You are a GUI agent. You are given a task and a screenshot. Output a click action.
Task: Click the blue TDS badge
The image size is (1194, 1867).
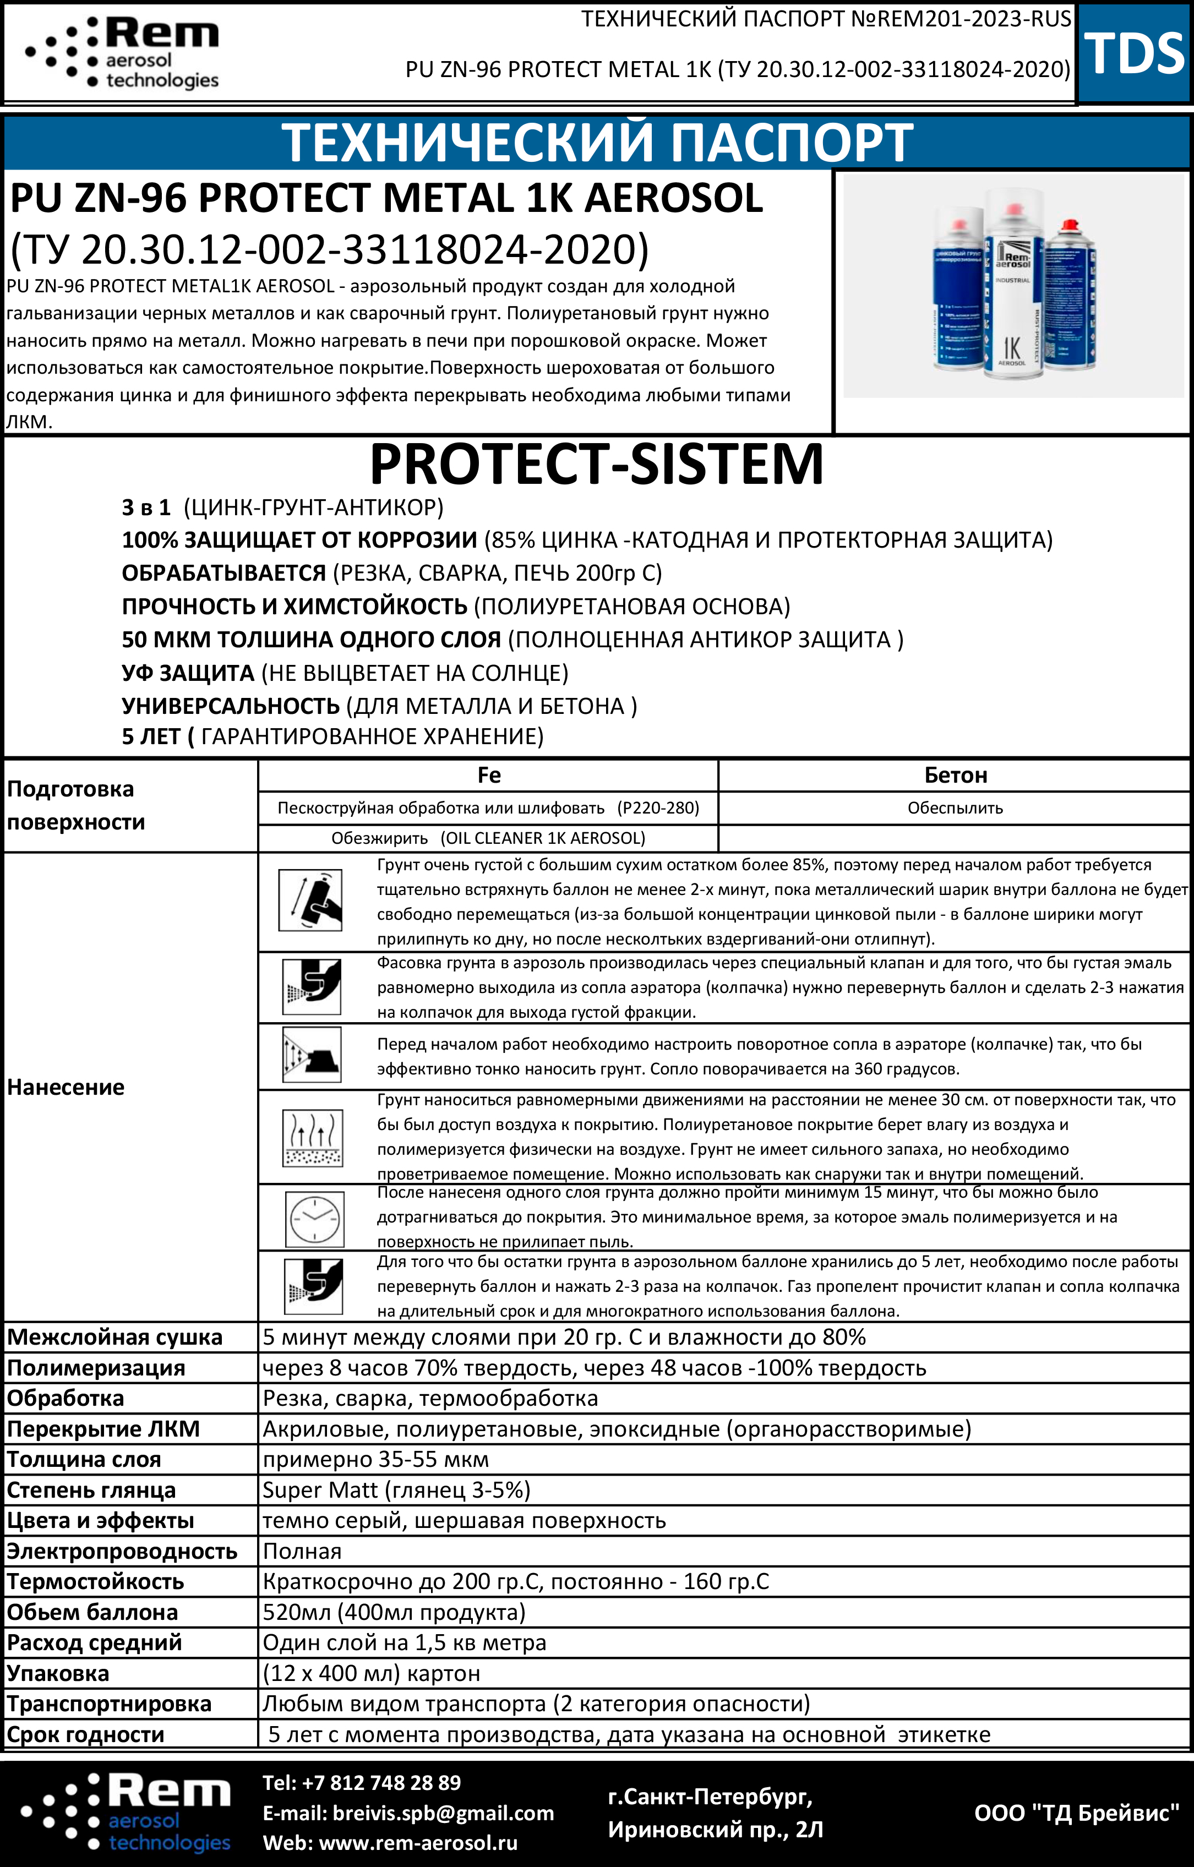(x=1135, y=53)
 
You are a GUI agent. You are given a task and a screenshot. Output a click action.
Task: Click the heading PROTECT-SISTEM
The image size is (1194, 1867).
(x=596, y=463)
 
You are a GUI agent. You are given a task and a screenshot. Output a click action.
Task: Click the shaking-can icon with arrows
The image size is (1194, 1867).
(x=310, y=900)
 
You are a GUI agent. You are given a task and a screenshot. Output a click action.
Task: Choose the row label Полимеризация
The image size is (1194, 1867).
(x=96, y=1368)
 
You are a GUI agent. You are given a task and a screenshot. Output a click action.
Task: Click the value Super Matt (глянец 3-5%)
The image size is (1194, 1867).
(x=396, y=1489)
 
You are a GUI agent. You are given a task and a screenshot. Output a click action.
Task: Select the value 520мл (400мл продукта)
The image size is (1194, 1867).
(x=394, y=1612)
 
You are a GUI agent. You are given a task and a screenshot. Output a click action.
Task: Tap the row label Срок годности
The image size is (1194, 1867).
(x=85, y=1734)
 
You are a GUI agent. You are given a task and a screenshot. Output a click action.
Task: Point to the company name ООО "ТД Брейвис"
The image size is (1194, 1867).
(x=1076, y=1813)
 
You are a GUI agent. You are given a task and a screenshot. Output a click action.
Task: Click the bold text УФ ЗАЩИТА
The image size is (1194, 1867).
(x=188, y=673)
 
